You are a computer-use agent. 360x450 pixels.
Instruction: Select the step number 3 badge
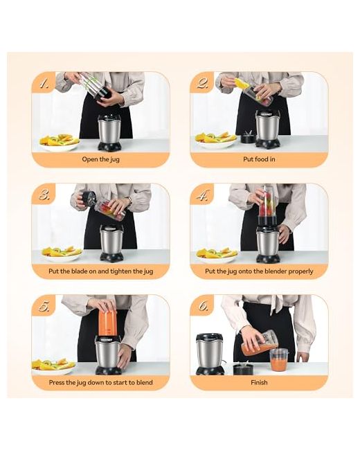click(x=43, y=195)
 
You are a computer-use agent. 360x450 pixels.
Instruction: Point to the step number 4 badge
click(x=201, y=195)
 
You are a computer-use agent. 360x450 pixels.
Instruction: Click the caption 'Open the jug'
click(x=100, y=159)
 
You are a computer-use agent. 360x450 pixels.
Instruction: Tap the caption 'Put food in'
click(x=259, y=159)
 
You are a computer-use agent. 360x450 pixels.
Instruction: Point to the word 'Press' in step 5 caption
click(x=57, y=382)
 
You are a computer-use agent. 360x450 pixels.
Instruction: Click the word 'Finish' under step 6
click(x=259, y=382)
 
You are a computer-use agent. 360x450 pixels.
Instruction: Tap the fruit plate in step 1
click(x=59, y=143)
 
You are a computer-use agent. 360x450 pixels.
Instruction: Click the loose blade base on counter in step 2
click(x=248, y=137)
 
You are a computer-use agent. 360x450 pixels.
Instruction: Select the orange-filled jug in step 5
click(x=108, y=318)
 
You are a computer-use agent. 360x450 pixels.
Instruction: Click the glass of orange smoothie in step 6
click(x=279, y=359)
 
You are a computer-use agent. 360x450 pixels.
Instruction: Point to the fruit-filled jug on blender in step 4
click(x=268, y=206)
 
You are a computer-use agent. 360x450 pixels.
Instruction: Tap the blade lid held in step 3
click(x=87, y=198)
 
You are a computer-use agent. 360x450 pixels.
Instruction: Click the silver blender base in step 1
click(x=109, y=133)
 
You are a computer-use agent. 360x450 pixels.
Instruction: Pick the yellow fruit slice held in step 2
click(x=242, y=83)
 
